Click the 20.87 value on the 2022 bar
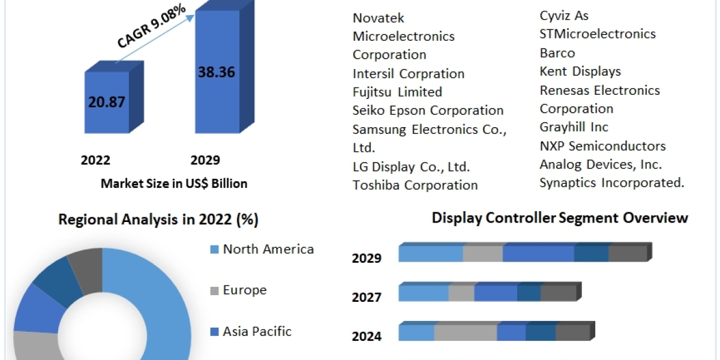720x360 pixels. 107,102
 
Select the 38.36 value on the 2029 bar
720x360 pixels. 216,73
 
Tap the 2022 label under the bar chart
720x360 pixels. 95,160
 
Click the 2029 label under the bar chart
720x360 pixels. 205,160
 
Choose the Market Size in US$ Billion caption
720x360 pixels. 174,184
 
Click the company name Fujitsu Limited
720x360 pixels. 397,92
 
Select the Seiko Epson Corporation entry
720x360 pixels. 428,110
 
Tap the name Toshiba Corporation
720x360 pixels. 415,185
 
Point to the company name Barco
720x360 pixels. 557,53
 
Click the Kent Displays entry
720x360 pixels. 580,71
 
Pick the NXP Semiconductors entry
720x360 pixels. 602,146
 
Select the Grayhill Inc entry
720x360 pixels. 574,127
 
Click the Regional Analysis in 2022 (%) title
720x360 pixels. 158,220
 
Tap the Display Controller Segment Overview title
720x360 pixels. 560,218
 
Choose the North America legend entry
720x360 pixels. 268,249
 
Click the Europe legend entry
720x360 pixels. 244,290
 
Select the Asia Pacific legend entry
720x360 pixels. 257,331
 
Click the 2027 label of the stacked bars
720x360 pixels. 367,296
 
